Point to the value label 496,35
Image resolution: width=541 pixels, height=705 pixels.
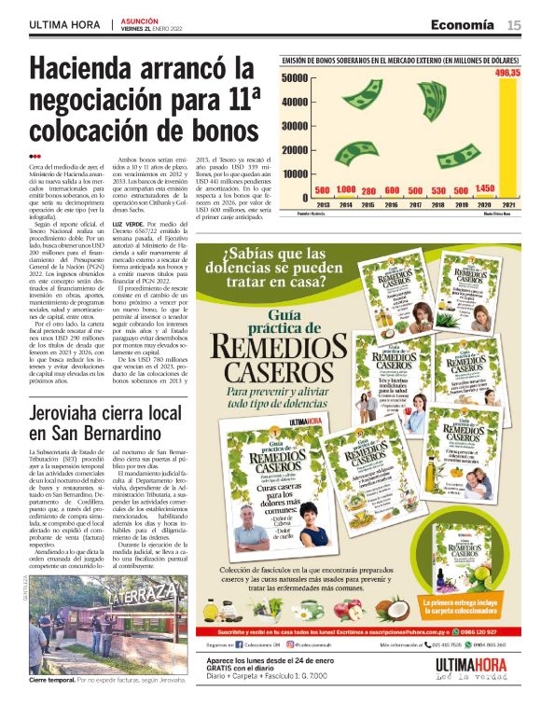point(507,73)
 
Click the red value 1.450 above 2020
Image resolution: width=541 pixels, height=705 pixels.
point(484,189)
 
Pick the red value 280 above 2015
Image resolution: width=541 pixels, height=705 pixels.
point(368,190)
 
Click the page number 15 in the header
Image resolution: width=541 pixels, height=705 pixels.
point(514,25)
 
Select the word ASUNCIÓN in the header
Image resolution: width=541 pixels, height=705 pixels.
point(139,20)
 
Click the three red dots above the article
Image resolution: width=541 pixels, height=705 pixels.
point(35,156)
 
